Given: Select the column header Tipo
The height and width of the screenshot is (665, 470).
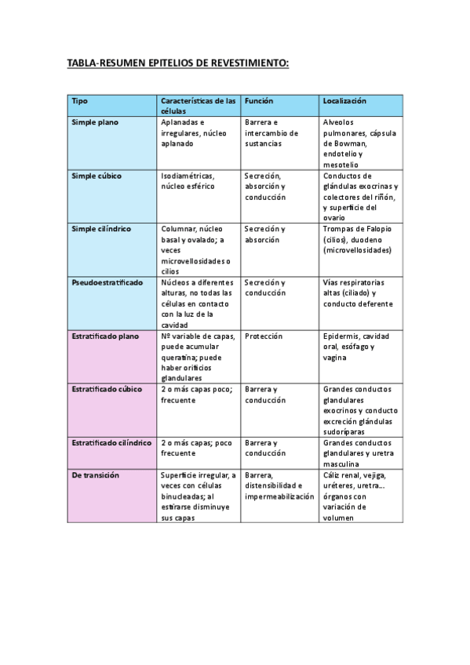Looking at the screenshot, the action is click(79, 101).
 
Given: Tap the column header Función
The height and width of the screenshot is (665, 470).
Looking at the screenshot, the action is click(258, 101).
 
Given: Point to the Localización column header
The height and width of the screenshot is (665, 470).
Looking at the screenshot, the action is click(344, 101).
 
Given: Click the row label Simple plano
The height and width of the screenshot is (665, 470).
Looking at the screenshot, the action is click(95, 123).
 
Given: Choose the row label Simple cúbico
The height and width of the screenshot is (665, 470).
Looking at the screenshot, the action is click(97, 176).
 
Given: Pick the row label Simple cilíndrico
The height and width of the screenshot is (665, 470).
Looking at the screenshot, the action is click(101, 229).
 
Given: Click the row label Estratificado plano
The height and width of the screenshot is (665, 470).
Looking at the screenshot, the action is click(105, 336).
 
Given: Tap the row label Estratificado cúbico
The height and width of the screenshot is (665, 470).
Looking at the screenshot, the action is click(107, 389).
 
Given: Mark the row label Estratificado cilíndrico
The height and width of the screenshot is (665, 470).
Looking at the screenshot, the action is click(111, 442).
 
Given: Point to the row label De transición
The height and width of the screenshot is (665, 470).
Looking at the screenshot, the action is click(95, 474).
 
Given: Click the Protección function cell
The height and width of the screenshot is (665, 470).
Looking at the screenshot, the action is click(264, 336).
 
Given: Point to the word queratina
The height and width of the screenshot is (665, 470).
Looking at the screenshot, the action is click(180, 357).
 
